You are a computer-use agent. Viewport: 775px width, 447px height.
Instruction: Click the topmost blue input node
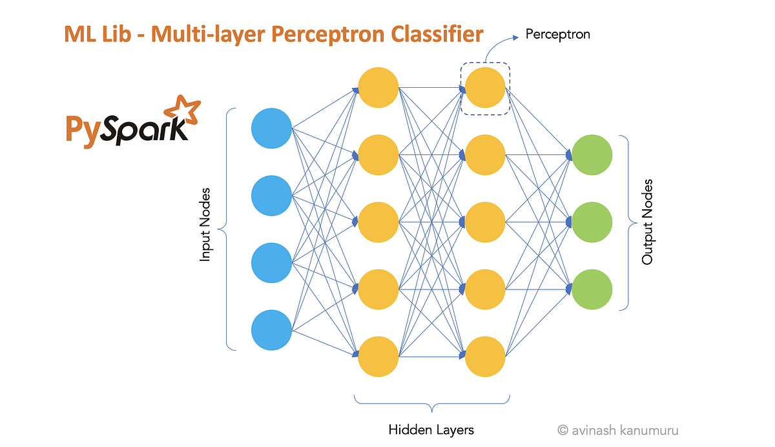272,127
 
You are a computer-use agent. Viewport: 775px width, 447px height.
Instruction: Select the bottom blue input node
272,331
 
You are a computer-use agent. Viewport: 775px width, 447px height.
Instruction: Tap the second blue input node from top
272,195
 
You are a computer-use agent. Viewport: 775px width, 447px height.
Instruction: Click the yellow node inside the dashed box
485,88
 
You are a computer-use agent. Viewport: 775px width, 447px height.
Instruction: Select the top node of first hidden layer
378,88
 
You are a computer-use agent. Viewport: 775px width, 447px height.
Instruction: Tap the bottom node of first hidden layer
378,356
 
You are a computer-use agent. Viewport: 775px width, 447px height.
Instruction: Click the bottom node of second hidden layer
485,356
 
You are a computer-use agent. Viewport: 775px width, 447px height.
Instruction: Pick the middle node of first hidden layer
378,222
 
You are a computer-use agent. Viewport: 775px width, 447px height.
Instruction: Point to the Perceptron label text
557,34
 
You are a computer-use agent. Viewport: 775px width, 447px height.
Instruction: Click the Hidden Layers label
431,430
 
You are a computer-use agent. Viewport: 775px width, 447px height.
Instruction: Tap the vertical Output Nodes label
647,222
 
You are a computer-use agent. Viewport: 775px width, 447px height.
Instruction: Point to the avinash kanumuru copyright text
618,430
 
